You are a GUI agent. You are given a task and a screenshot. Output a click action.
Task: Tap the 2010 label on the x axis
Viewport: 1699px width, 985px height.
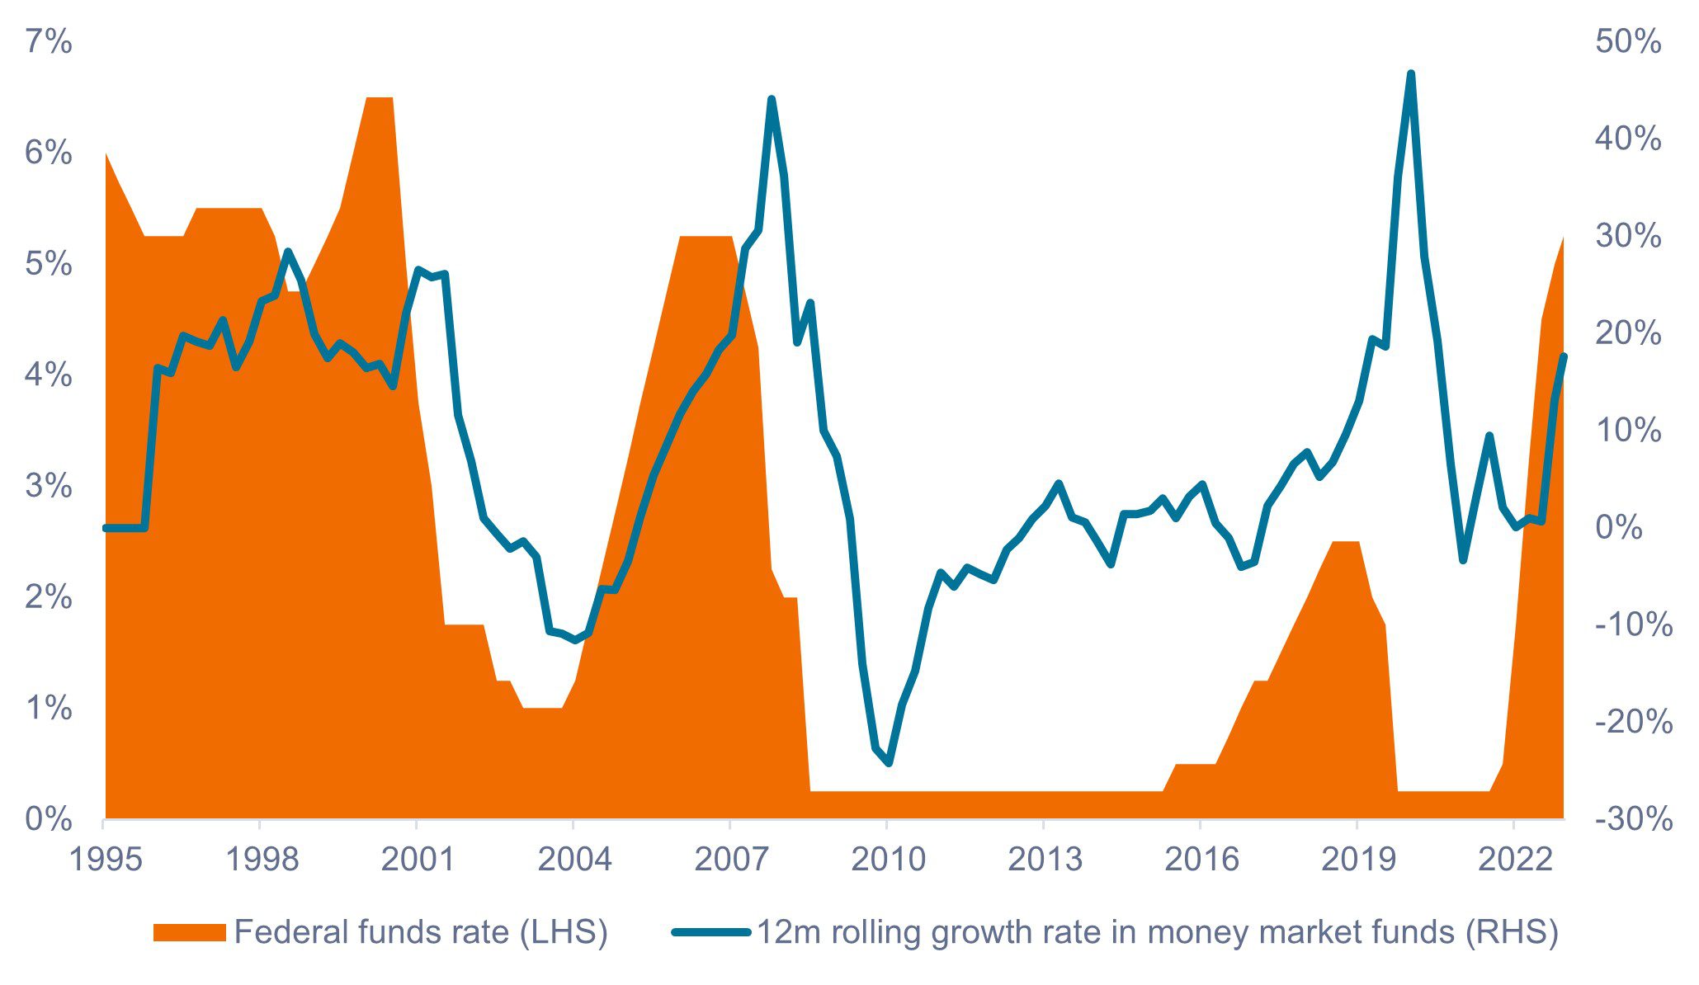[x=887, y=860]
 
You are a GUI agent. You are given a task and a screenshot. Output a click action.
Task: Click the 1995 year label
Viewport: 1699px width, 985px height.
[x=104, y=860]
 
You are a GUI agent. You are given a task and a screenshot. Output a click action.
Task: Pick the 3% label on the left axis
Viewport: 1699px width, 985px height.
[x=49, y=486]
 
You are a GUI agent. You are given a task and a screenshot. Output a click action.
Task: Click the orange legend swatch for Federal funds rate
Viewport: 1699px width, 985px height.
[x=189, y=932]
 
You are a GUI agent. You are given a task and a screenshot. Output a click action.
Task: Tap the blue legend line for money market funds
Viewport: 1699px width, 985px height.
[x=710, y=932]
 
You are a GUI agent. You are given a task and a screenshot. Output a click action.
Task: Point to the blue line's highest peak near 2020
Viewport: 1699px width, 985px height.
[x=1411, y=74]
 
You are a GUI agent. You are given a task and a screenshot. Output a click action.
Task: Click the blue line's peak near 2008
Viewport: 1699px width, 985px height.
[x=772, y=100]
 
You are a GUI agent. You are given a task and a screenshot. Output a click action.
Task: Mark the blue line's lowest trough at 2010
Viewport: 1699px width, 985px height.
[x=889, y=763]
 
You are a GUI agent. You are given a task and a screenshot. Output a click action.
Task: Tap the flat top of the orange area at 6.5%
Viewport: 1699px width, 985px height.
[x=380, y=98]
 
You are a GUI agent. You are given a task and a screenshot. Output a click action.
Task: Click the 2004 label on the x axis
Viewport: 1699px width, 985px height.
[x=574, y=860]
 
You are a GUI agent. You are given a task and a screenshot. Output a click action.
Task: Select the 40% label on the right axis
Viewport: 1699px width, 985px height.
[x=1627, y=139]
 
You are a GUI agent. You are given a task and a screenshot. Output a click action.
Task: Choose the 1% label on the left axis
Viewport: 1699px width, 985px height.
[x=49, y=708]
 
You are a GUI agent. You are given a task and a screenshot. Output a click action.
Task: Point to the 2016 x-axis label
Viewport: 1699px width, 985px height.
[x=1201, y=860]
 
